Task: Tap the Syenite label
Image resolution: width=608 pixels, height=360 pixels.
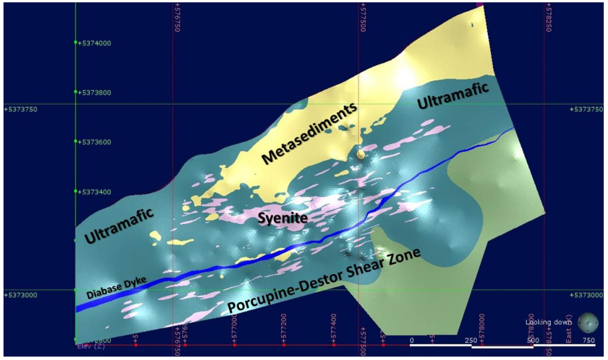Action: click(x=283, y=219)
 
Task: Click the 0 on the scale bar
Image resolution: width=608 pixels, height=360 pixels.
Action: click(x=411, y=341)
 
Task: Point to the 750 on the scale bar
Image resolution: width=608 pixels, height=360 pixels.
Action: click(x=588, y=341)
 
